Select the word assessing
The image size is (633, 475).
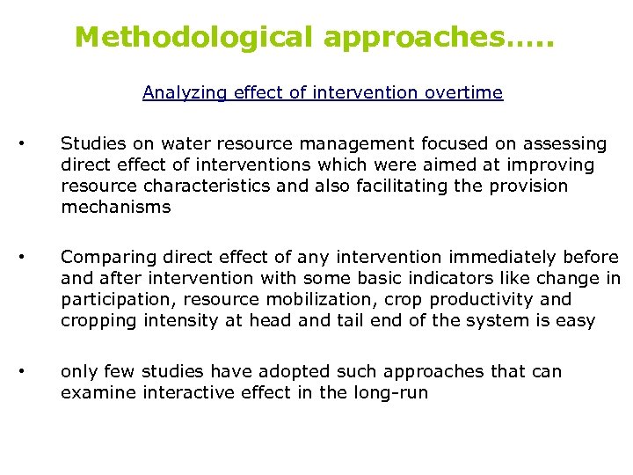point(567,143)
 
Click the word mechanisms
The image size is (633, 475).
point(116,208)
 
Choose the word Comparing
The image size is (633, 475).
point(105,258)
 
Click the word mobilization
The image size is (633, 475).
point(311,300)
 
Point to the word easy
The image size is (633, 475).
point(576,321)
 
